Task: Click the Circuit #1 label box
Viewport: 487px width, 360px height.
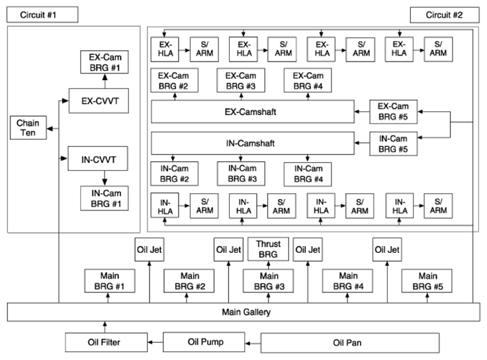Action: [42, 15]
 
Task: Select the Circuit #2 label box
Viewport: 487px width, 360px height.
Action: [445, 15]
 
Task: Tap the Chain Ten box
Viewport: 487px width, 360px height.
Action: [28, 128]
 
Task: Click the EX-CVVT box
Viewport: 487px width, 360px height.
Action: [99, 101]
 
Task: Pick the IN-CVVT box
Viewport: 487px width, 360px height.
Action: [98, 159]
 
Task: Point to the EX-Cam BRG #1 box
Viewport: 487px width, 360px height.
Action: [105, 62]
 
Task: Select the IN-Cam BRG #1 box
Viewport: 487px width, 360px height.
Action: [105, 198]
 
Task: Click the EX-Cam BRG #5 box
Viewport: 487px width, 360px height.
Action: [393, 112]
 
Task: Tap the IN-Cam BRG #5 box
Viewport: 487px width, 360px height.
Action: [393, 144]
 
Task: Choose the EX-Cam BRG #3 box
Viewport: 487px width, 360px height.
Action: [241, 81]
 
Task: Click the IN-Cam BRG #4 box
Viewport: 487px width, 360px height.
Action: [308, 174]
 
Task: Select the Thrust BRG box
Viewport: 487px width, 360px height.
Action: [269, 249]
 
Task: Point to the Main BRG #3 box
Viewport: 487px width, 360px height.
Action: [269, 281]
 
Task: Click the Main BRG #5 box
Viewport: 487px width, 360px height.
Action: [427, 281]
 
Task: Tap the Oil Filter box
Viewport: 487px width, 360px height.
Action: [107, 342]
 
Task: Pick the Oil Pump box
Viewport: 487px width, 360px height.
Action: [204, 342]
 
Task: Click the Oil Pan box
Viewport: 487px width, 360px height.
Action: [350, 343]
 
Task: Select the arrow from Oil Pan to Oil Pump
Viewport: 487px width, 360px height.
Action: [253, 343]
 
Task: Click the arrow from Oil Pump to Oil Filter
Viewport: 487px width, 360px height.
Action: [155, 342]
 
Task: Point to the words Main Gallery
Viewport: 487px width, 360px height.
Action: [246, 312]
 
